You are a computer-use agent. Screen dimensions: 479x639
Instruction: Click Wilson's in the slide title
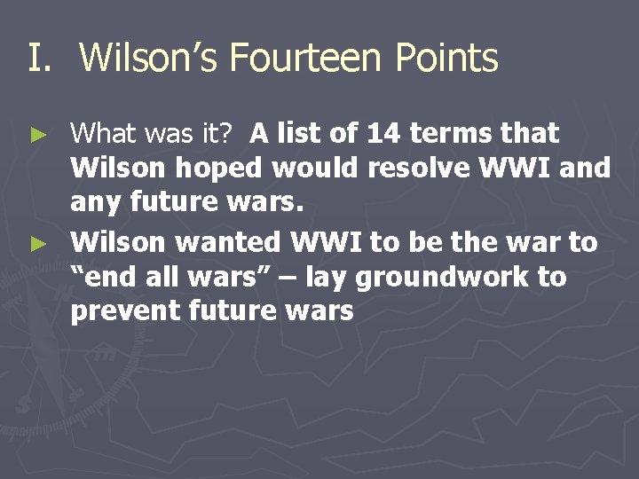coord(149,59)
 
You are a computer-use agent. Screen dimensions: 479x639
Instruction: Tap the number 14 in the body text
coord(383,134)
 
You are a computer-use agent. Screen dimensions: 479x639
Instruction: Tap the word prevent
coord(124,312)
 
